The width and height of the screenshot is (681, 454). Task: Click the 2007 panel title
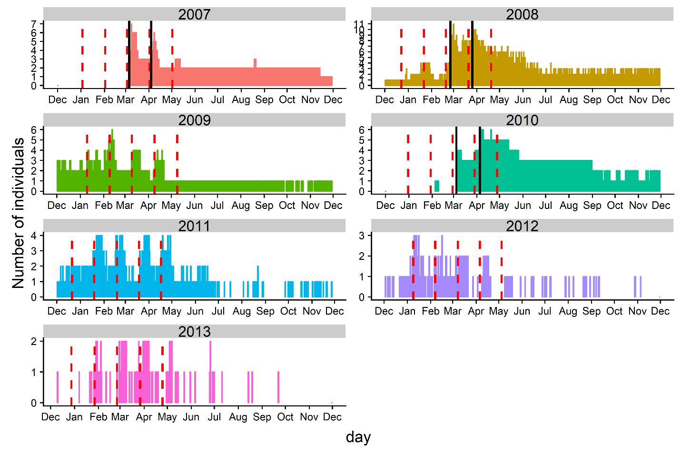(194, 14)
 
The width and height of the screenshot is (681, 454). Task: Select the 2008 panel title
(522, 14)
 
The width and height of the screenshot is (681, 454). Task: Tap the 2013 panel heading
(194, 331)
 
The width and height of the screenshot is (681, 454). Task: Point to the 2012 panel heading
(522, 225)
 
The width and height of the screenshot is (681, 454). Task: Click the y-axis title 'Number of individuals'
(18, 213)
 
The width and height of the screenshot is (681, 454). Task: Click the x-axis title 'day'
(358, 437)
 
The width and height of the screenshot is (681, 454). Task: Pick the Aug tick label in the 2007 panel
(241, 99)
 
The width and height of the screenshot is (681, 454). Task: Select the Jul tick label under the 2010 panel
(545, 206)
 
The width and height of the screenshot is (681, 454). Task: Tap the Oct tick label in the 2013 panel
(285, 417)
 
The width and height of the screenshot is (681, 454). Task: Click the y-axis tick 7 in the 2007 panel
(34, 23)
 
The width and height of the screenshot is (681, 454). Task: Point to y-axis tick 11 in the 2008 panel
(359, 23)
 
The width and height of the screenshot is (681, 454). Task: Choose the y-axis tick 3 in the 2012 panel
(362, 235)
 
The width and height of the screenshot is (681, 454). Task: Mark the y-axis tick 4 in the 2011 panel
(34, 235)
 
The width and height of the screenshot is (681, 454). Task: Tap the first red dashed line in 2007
(82, 57)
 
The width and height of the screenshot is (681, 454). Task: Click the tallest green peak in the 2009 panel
(112, 130)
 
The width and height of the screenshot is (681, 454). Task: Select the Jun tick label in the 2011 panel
(195, 311)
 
